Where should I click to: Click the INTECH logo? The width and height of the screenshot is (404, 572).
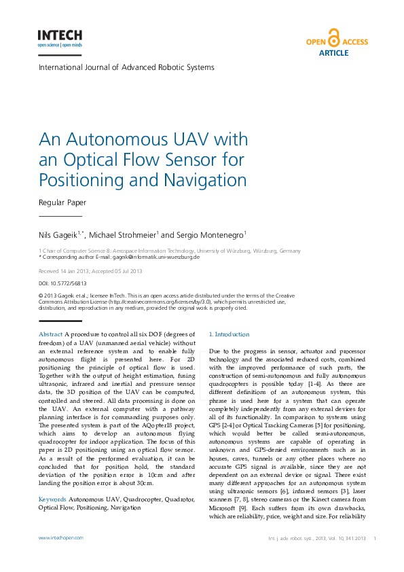point(60,37)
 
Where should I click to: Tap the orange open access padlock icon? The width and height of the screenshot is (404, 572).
point(333,37)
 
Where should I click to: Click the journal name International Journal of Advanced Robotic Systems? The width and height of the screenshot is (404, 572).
point(126,67)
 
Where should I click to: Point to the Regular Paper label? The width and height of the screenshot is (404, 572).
point(62,202)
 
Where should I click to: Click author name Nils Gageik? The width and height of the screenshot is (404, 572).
point(58,234)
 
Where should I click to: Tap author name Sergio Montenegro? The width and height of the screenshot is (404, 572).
point(210,234)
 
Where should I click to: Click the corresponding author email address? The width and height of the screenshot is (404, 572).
point(155,257)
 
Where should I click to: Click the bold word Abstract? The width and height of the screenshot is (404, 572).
point(51,334)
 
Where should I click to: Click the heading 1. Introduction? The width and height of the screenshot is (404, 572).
point(229,334)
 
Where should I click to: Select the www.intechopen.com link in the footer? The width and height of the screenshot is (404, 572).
point(61,537)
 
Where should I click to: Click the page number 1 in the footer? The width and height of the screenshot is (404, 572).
point(375,537)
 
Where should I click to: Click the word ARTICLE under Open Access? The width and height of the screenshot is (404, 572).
point(333,52)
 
